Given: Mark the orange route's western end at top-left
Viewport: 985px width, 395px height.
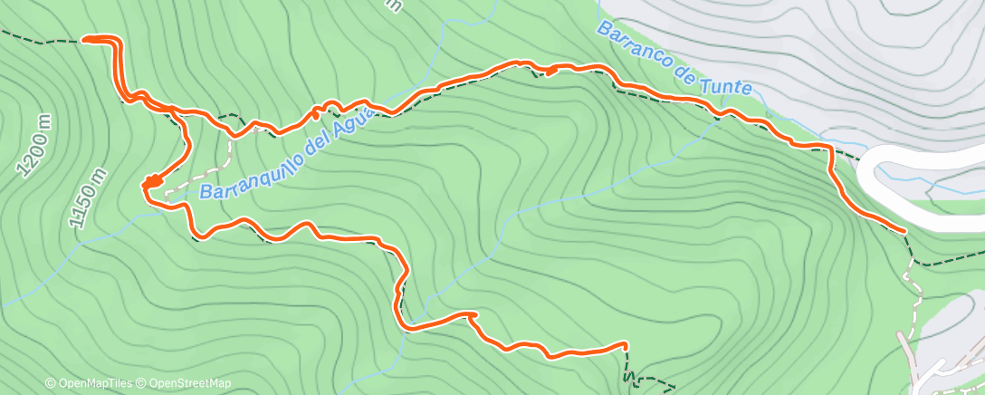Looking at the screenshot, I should pyautogui.click(x=85, y=39).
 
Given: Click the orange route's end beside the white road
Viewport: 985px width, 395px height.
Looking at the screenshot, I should pyautogui.click(x=903, y=230).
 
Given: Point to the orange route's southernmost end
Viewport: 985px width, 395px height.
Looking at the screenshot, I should pyautogui.click(x=625, y=345).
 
